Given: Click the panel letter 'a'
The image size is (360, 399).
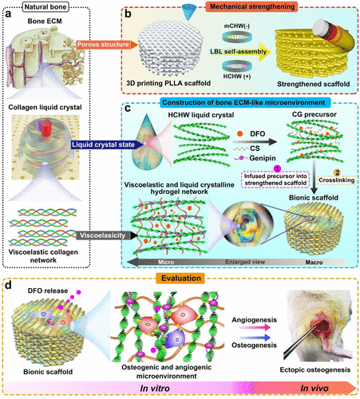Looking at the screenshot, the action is [8, 14].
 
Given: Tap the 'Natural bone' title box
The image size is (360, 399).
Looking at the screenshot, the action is [45, 6].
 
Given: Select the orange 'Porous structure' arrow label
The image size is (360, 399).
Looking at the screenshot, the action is [106, 45].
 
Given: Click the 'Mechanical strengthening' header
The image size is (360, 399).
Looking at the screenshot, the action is [252, 6].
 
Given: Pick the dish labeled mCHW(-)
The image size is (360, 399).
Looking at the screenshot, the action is [237, 37].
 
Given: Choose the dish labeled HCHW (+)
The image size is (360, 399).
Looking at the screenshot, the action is [237, 65].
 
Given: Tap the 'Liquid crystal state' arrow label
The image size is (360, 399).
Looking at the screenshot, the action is [105, 144].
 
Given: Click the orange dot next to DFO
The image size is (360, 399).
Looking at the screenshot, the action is [239, 134].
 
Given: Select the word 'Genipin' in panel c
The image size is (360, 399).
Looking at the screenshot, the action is [263, 158].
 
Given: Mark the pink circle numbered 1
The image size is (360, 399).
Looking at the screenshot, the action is [277, 168].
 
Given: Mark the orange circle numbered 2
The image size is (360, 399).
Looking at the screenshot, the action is [337, 172].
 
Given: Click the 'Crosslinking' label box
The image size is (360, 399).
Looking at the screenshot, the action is [337, 180].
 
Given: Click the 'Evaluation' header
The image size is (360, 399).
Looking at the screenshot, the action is [181, 279].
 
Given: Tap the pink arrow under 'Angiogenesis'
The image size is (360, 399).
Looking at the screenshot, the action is [255, 327].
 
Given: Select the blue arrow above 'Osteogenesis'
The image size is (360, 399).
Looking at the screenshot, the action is [255, 338].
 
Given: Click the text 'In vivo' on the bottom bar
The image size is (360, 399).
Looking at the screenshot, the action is [315, 389].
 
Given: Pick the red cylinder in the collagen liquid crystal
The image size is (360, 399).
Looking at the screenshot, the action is [46, 128].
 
